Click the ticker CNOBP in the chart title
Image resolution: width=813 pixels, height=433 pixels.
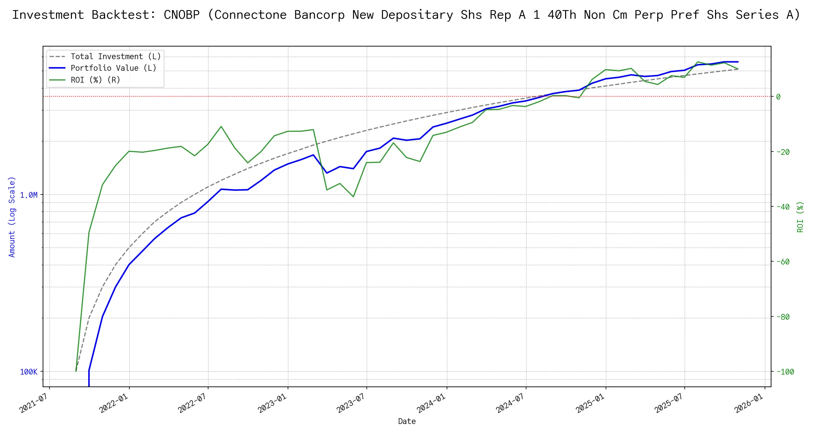181,15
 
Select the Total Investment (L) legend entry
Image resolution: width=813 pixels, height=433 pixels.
116,57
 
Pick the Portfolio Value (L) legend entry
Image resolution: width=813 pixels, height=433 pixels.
113,68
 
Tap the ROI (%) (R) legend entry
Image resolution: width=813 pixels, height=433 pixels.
95,80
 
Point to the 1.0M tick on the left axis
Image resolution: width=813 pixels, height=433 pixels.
29,195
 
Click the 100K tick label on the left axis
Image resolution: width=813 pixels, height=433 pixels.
29,372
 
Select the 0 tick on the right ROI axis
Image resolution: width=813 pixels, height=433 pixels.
778,97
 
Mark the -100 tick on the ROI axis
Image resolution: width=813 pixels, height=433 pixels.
784,372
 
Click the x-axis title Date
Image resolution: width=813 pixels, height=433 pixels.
407,421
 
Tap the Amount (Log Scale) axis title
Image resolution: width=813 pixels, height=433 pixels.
12,216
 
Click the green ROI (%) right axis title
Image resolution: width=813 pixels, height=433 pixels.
800,216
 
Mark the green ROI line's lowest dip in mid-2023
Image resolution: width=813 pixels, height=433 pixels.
353,197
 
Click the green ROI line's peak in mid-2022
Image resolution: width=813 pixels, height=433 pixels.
221,126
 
